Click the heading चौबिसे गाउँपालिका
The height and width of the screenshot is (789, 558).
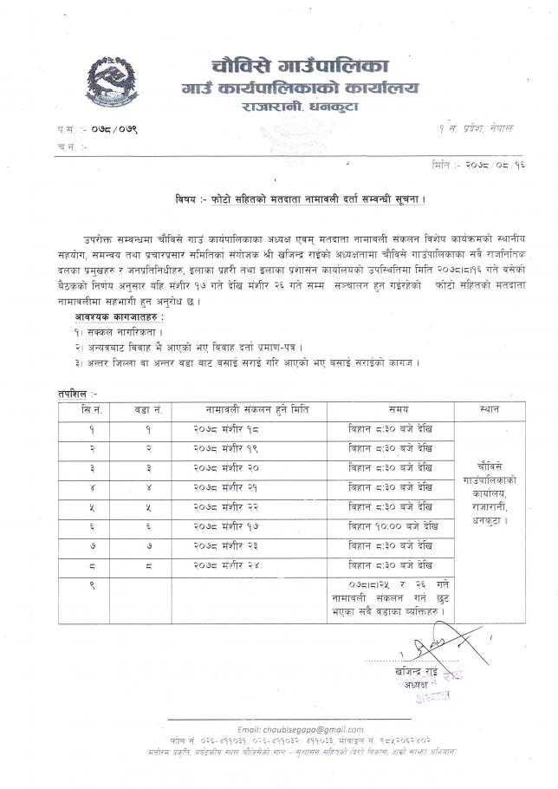point(301,66)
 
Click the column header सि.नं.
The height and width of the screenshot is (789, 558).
point(93,408)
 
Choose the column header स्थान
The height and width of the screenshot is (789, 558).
point(489,408)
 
